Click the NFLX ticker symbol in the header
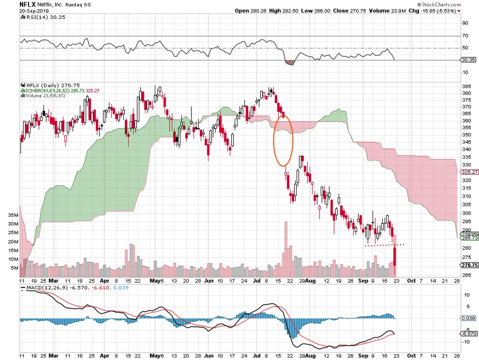click(27, 3)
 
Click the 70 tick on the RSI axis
click(464, 36)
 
